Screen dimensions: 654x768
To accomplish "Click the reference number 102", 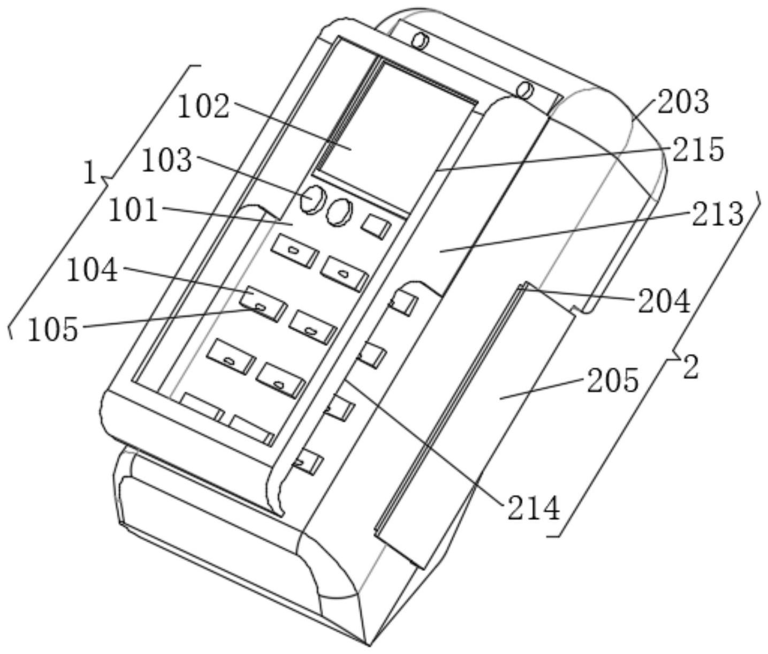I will point(203,107).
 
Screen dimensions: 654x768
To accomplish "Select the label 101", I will point(134,210).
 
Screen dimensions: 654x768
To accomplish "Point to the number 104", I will point(92,270).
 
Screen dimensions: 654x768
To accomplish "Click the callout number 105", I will point(52,329).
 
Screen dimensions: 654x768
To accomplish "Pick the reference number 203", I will point(683,101).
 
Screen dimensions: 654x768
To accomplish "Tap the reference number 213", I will point(718,214).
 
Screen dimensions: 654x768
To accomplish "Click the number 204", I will point(664,302).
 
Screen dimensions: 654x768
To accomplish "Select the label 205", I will point(613,381).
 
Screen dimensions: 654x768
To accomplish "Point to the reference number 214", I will point(533,508).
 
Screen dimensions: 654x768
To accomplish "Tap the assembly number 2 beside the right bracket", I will point(690,368).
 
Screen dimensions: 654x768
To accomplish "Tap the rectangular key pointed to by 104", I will point(264,303).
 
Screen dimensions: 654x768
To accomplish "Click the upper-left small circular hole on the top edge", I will point(422,41).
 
